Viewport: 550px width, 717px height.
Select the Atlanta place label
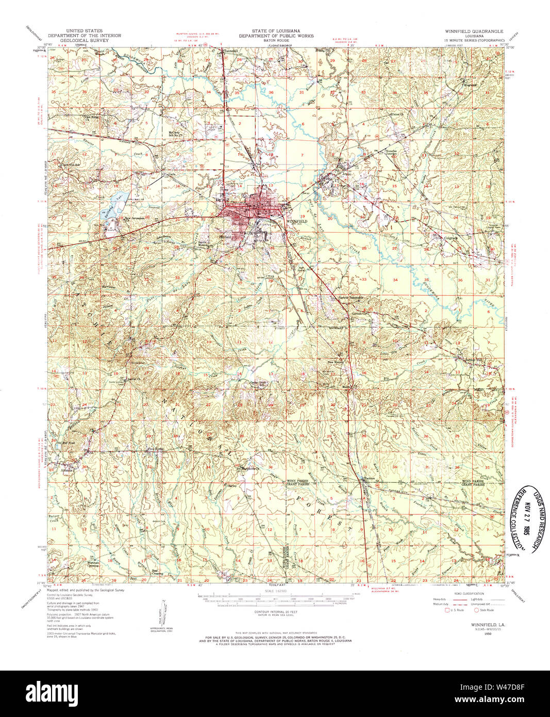[68, 470]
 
